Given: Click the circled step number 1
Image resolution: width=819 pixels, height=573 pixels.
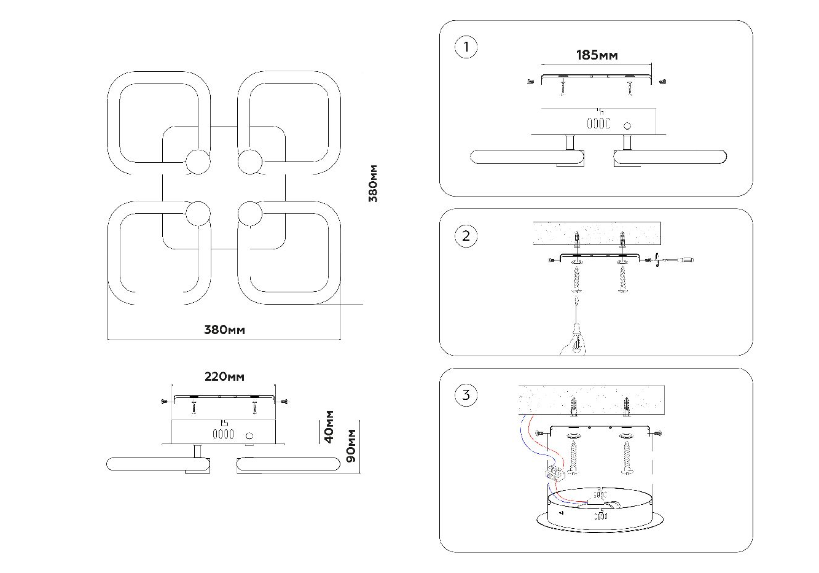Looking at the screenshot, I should coord(466,47).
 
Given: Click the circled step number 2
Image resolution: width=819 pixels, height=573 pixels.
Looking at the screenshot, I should coord(466,236).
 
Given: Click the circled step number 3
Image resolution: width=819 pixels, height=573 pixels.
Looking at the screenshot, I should coord(466,395).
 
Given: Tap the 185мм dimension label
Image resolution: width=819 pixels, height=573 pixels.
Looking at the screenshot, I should coord(597,55).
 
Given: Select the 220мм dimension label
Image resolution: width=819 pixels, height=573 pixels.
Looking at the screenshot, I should coord(224,376).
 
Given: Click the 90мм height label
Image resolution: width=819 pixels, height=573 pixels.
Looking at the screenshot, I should coord(351,446).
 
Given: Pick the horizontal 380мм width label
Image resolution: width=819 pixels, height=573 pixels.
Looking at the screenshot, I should coord(224,330).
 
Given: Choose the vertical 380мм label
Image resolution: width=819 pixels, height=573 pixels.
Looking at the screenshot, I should coord(372,184).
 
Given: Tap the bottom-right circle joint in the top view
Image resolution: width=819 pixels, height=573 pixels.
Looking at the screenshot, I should coord(250,214).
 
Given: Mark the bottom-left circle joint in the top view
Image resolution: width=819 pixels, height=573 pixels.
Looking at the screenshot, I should coord(198,214).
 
